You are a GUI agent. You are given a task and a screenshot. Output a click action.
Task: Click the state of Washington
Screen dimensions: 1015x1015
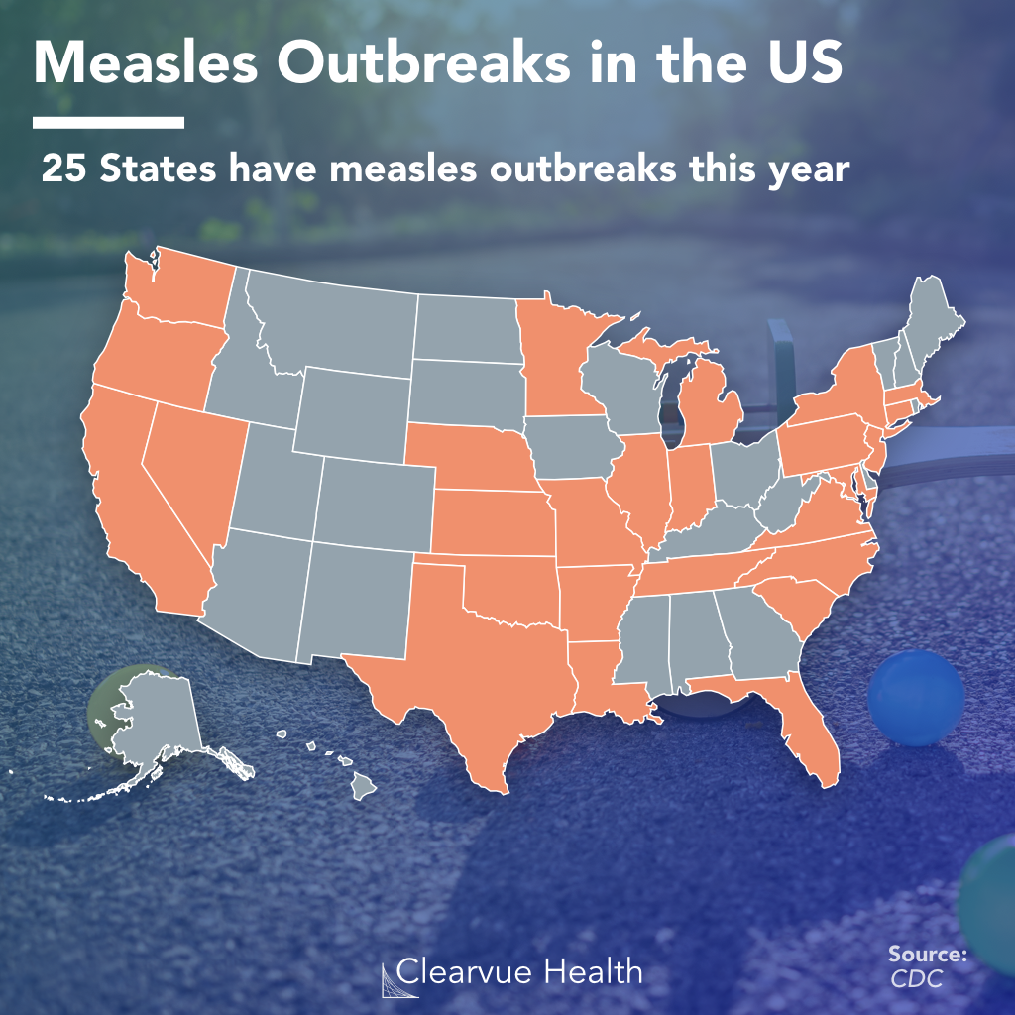[183, 287]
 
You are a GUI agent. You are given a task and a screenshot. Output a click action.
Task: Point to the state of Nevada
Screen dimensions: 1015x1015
[193, 466]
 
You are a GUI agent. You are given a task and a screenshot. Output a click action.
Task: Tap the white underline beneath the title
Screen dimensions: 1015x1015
[108, 123]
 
